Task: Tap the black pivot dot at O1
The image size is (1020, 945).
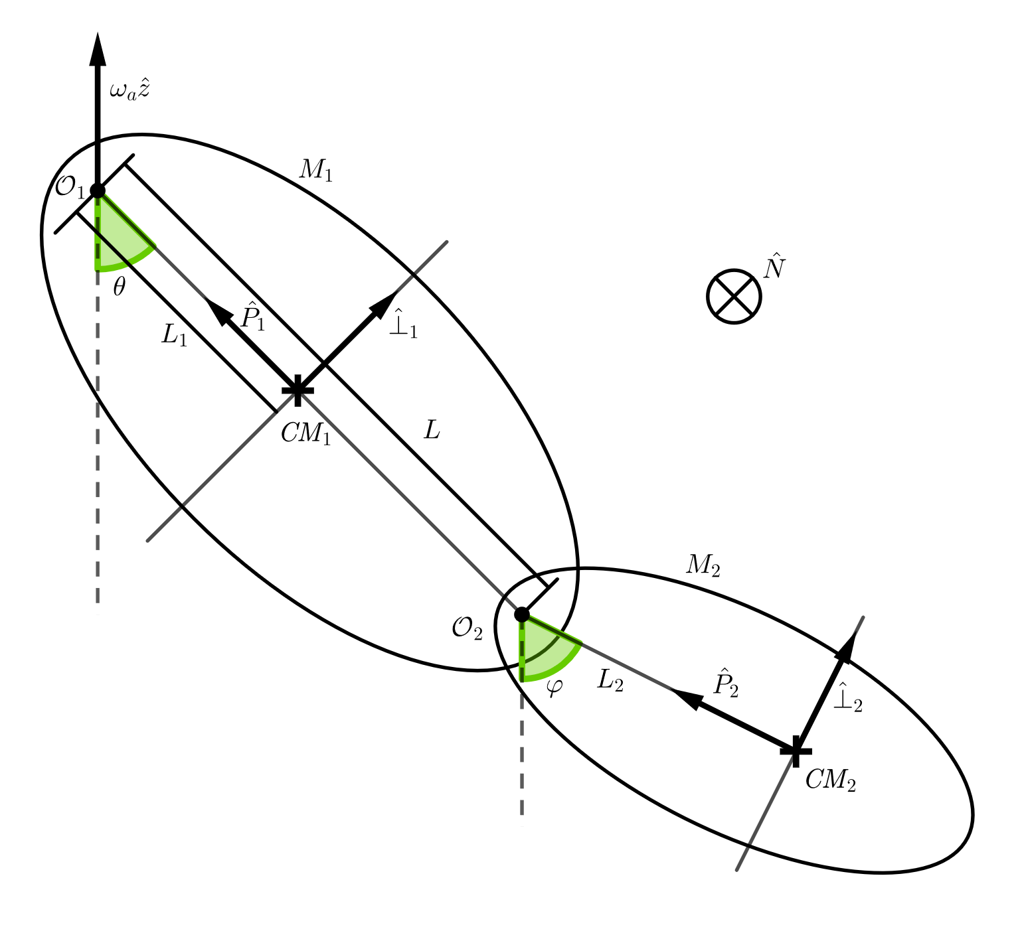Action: (98, 190)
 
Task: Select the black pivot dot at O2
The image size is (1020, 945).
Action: (522, 615)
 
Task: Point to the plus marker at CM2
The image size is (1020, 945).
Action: (796, 751)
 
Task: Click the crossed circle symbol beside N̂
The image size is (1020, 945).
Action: (734, 297)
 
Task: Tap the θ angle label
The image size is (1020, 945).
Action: (119, 287)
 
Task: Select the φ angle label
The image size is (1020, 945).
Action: (554, 686)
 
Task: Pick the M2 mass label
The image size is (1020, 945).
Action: (703, 565)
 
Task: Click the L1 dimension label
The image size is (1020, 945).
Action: (175, 336)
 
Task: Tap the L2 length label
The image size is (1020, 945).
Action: (610, 680)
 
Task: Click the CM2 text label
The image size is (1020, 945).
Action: (830, 780)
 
